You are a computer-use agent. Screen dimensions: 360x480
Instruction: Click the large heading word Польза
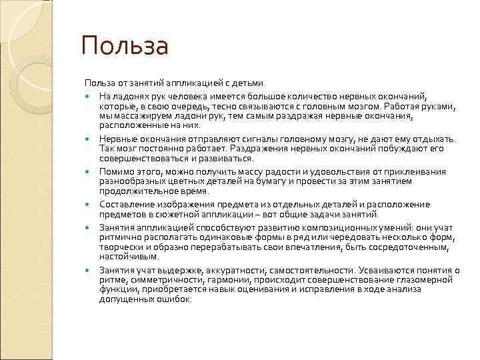click(x=125, y=47)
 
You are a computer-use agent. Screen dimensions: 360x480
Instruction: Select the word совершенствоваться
click(x=140, y=159)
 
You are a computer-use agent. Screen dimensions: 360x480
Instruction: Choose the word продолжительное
click(x=135, y=191)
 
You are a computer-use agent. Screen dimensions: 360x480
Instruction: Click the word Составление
click(x=126, y=205)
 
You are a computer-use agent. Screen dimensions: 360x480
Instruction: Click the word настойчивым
click(x=129, y=257)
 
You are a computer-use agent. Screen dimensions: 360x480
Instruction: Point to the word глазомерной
click(x=429, y=280)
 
